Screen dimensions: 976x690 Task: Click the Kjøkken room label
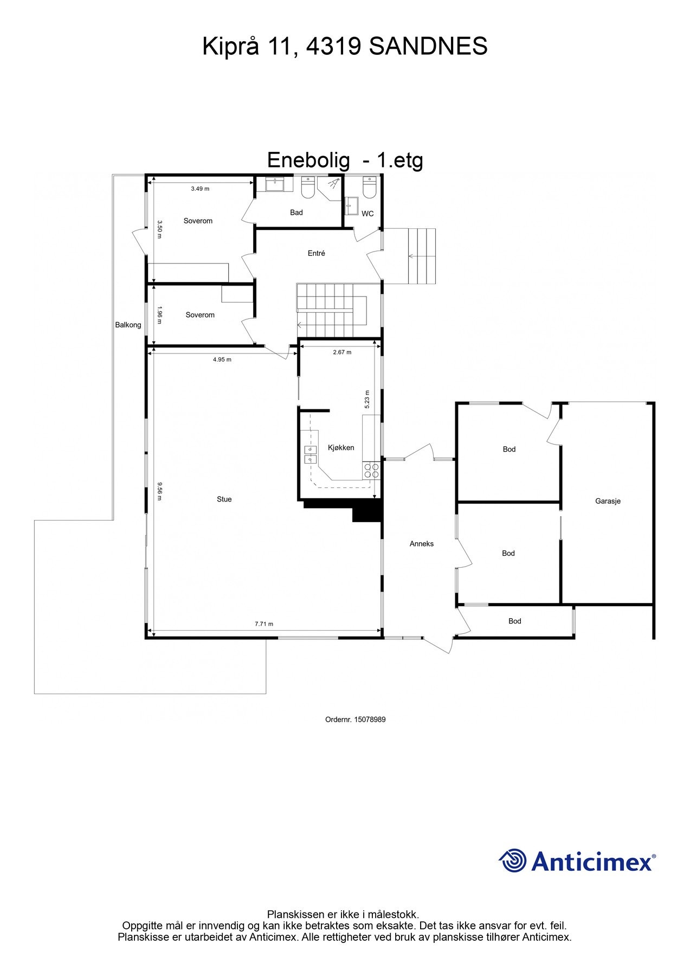341,447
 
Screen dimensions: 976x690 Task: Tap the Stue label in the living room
224,499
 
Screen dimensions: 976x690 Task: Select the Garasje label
608,501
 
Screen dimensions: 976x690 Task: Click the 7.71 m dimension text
264,624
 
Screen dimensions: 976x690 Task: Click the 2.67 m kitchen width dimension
341,352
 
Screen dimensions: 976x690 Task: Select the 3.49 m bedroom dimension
200,189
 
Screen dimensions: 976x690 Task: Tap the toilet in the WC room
369,188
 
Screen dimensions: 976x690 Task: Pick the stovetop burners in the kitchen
371,470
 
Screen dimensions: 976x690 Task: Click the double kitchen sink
311,454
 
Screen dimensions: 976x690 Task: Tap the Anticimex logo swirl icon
512,861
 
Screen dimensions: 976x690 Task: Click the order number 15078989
355,720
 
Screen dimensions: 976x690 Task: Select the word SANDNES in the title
428,47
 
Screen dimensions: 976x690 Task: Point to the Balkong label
128,325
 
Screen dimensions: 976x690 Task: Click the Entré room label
316,253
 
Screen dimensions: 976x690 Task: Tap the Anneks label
421,543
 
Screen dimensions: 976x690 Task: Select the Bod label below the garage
514,621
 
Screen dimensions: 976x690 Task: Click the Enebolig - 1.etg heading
345,160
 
